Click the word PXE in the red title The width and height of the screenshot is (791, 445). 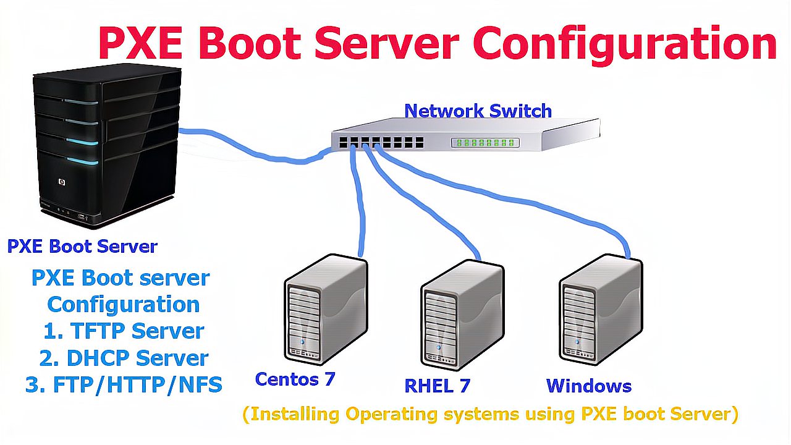[140, 43]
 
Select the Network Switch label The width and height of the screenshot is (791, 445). [478, 111]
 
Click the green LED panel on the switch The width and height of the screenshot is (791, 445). [485, 143]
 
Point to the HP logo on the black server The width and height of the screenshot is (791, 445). [62, 182]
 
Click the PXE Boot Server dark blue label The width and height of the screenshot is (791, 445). [82, 247]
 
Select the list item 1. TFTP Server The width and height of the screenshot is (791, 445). [124, 331]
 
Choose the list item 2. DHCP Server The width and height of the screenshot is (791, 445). [124, 358]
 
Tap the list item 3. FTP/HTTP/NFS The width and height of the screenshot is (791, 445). [124, 385]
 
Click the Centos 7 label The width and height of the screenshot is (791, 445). [295, 379]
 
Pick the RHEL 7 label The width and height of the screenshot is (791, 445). [437, 386]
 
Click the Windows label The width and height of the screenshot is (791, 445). [589, 386]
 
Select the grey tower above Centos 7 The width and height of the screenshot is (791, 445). [326, 310]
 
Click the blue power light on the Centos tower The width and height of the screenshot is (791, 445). [302, 342]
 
